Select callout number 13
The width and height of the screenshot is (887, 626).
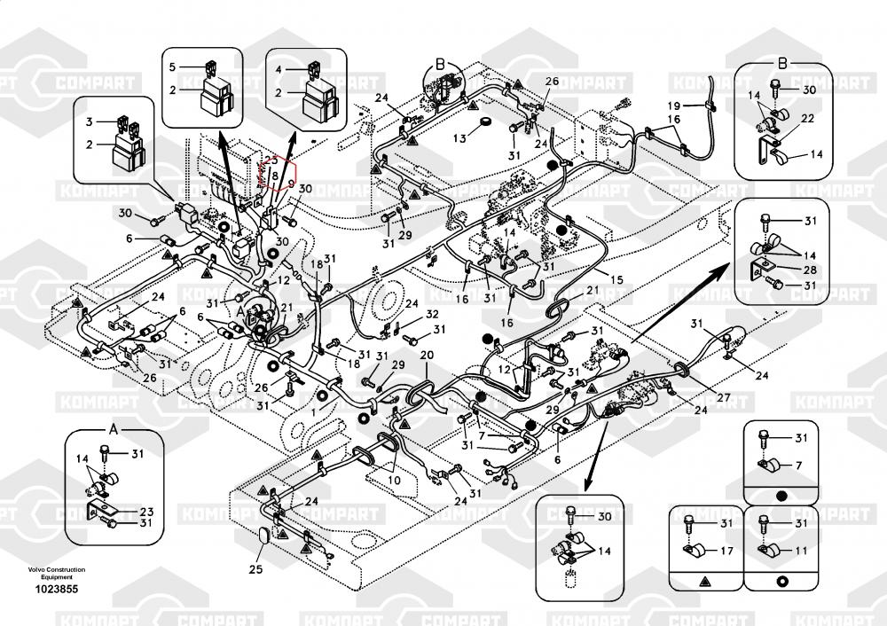pyautogui.click(x=459, y=138)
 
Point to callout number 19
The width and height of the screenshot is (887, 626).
pyautogui.click(x=674, y=106)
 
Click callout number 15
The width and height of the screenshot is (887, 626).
pyautogui.click(x=616, y=280)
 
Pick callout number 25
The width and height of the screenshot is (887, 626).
pyautogui.click(x=255, y=569)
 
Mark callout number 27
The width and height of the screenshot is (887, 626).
pyautogui.click(x=725, y=399)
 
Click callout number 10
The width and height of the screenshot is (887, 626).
pyautogui.click(x=394, y=480)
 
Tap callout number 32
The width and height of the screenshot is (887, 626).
pyautogui.click(x=431, y=314)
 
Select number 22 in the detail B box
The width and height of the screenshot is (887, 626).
pyautogui.click(x=808, y=119)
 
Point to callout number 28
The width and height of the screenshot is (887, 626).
pyautogui.click(x=810, y=270)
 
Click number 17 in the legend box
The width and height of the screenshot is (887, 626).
pyautogui.click(x=725, y=551)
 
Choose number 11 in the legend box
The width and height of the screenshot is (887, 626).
pyautogui.click(x=801, y=551)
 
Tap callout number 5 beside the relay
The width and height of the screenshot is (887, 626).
pyautogui.click(x=173, y=66)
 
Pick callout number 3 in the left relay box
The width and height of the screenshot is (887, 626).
pyautogui.click(x=89, y=121)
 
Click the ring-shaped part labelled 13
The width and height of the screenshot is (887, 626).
pyautogui.click(x=486, y=122)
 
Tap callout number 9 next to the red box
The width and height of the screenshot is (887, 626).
pyautogui.click(x=290, y=183)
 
